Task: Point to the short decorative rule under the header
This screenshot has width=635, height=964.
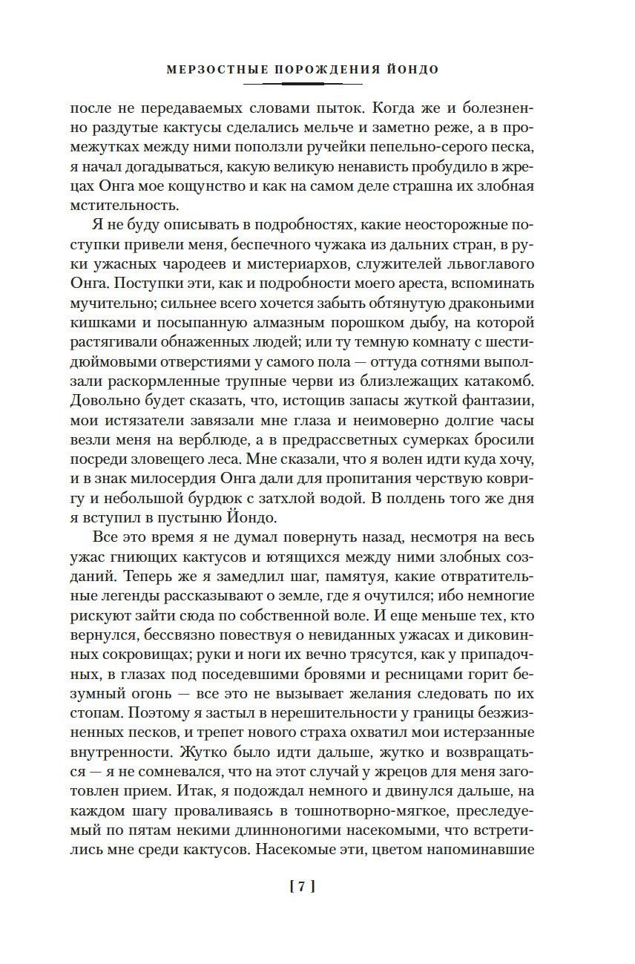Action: pyautogui.click(x=317, y=84)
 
